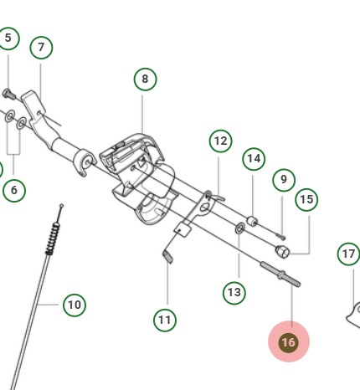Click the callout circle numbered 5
click(8, 38)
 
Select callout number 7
click(41, 48)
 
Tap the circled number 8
click(145, 79)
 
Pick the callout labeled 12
click(220, 141)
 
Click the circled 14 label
click(254, 158)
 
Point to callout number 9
click(284, 179)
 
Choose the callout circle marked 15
click(306, 199)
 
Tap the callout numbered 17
click(348, 253)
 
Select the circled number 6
click(14, 191)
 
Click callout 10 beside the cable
click(75, 305)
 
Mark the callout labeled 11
click(166, 319)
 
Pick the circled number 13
click(234, 293)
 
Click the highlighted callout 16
click(288, 342)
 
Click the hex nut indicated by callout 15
click(283, 250)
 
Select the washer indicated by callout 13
click(241, 227)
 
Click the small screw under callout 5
click(8, 93)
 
